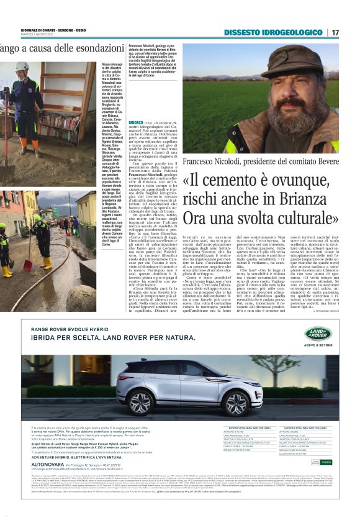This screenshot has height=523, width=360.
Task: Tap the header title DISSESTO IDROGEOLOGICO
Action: pos(273,32)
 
